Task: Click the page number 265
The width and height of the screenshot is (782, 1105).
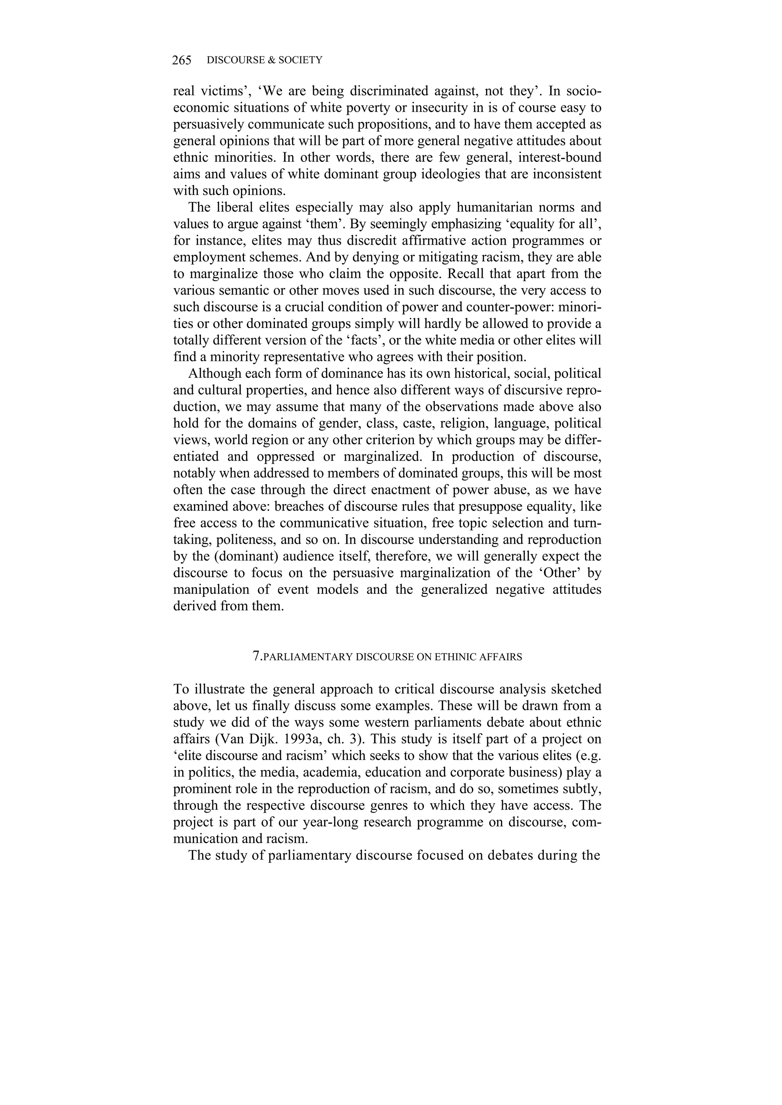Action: coord(181,60)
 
